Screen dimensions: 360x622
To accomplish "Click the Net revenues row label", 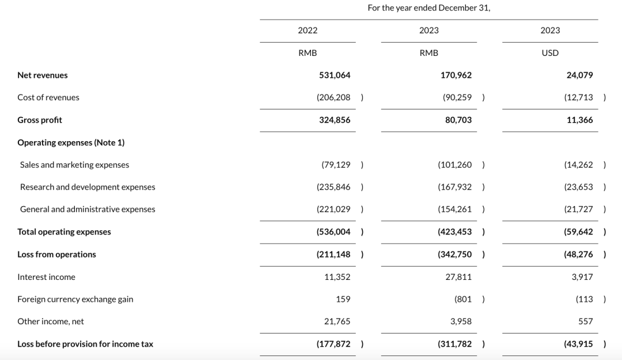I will [x=43, y=75].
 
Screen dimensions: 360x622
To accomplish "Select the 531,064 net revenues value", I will [x=335, y=75].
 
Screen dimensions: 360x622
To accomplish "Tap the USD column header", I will [x=550, y=53].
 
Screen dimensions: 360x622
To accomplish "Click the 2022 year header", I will [x=308, y=31].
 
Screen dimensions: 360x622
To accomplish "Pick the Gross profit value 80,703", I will [x=458, y=120].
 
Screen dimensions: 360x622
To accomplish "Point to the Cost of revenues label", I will [x=48, y=97].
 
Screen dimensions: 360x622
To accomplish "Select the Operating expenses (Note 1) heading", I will [x=71, y=142].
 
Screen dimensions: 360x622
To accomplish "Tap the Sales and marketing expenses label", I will [x=74, y=165].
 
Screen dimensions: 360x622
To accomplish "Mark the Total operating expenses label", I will [x=64, y=232].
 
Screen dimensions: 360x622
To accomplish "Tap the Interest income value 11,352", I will [x=337, y=277].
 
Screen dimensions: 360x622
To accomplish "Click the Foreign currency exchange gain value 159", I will [x=343, y=299].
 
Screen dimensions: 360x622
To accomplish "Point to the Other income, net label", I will [x=51, y=321].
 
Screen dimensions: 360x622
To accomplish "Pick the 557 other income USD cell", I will [x=585, y=321].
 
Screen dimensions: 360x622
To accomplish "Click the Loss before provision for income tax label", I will [x=85, y=344].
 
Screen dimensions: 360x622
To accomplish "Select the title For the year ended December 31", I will [x=428, y=8].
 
